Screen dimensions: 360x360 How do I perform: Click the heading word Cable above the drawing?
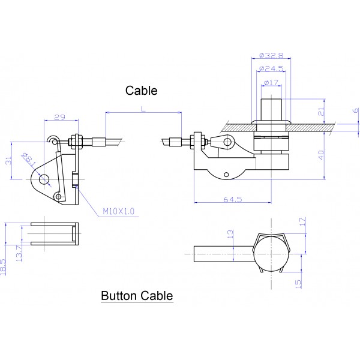click(141, 91)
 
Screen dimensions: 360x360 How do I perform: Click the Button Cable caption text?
click(137, 295)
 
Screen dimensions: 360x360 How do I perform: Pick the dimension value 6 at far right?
click(355, 110)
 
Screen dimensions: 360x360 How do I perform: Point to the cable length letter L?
click(142, 108)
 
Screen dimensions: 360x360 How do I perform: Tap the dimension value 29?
click(59, 116)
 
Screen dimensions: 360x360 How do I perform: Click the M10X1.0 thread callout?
click(119, 211)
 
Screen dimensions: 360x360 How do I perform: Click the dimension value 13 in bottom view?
click(229, 233)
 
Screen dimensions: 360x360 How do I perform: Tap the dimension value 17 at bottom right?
click(302, 222)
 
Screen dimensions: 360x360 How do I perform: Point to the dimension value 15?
click(298, 281)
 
